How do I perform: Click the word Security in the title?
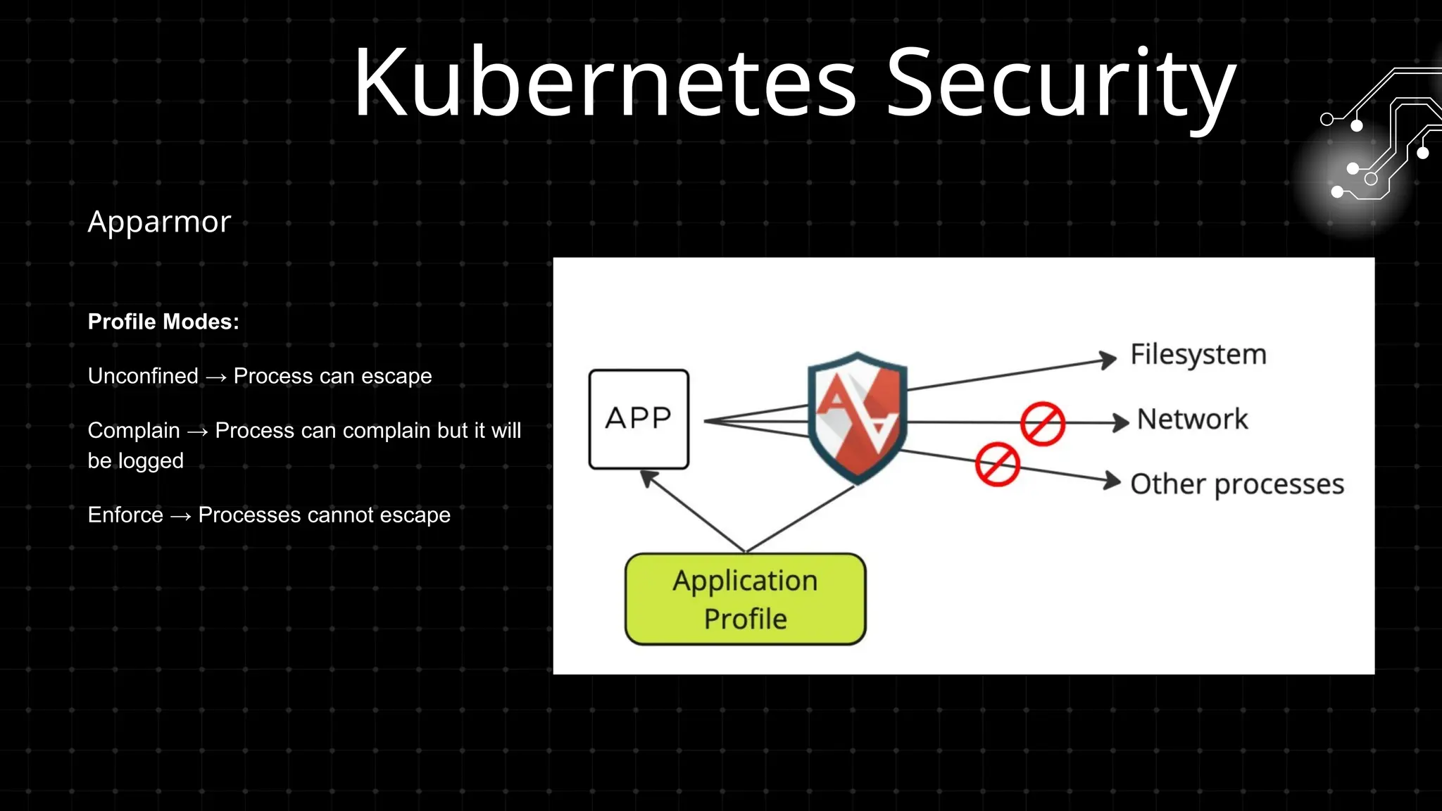[1060, 83]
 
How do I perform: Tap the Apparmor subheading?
[159, 222]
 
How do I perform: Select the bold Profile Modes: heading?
[163, 322]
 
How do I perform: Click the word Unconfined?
[143, 376]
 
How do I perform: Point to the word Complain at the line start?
[134, 430]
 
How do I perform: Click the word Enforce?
[125, 515]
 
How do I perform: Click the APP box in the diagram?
[639, 419]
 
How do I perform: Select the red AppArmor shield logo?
[857, 417]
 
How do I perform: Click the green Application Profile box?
[745, 599]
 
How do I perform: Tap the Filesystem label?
[1198, 354]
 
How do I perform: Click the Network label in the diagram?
[1192, 420]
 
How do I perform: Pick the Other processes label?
[1236, 484]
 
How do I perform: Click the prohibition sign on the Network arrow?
[1042, 424]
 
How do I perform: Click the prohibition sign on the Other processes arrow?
[997, 465]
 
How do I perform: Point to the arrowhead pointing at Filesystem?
[1108, 359]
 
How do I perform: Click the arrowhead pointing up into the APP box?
[648, 478]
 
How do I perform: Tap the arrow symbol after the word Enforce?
[180, 517]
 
